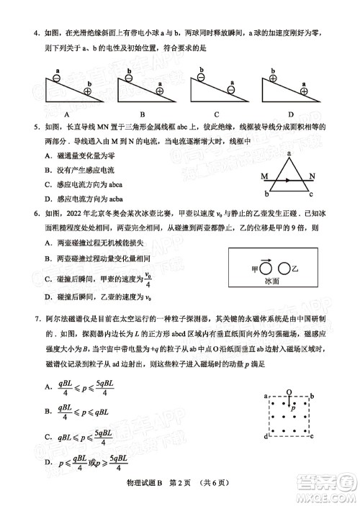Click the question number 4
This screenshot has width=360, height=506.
(25, 32)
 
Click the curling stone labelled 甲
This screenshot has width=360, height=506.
(266, 268)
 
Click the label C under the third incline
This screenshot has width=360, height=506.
(216, 114)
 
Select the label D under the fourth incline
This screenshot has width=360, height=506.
(291, 114)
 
